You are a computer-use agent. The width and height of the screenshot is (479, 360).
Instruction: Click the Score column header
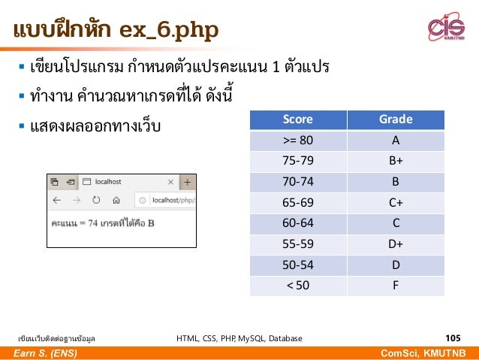tap(297, 119)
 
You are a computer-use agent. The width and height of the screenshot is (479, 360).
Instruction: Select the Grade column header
tap(396, 119)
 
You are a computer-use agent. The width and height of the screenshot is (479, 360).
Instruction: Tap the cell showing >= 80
tap(297, 141)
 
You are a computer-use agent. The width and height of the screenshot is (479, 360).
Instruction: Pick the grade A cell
tap(396, 141)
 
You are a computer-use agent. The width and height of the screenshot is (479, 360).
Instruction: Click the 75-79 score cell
tap(297, 161)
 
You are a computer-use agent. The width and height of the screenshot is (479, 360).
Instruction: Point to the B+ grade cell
tap(396, 161)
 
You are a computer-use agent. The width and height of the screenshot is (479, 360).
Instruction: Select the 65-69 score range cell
tap(297, 202)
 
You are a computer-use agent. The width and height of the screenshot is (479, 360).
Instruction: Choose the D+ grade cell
tap(396, 244)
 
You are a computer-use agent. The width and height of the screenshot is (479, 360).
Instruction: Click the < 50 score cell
tap(297, 285)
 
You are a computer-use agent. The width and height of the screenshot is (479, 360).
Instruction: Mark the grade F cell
tap(396, 285)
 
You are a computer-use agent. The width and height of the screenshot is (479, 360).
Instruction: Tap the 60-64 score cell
tap(297, 223)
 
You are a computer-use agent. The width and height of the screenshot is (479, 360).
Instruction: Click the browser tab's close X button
tap(170, 182)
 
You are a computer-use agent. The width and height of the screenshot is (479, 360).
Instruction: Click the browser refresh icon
tap(96, 200)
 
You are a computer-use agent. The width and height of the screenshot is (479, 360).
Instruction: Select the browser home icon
tap(116, 200)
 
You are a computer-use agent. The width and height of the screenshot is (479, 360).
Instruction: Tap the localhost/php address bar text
tap(173, 201)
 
